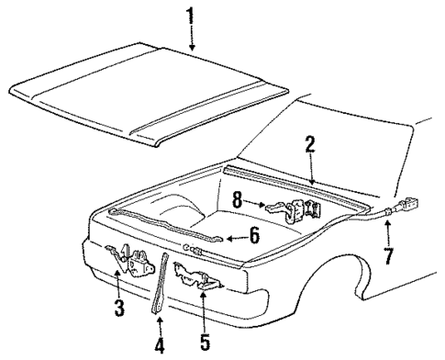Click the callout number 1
[x=191, y=16]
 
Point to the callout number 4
[x=159, y=346]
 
